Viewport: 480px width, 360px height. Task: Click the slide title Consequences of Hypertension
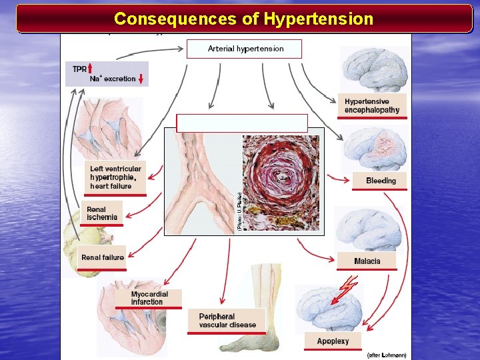pos(243,19)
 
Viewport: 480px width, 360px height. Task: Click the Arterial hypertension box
pos(245,49)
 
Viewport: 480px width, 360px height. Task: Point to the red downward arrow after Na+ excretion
pos(141,79)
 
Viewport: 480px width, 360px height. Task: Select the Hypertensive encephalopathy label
pos(371,106)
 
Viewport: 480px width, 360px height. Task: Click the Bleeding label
pos(381,181)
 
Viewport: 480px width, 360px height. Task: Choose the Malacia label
pos(367,261)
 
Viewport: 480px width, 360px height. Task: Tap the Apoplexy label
pos(333,341)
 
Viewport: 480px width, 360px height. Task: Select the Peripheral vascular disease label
pos(227,321)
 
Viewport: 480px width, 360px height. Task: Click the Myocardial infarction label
pos(149,298)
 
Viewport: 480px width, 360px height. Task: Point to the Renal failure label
pos(102,257)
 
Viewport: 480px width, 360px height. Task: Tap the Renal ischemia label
pos(101,213)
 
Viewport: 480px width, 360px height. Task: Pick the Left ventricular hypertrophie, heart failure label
pos(116,177)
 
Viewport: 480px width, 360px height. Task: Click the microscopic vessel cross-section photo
pos(280,183)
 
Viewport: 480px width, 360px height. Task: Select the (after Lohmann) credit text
pos(387,355)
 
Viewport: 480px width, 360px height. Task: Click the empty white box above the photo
pos(242,123)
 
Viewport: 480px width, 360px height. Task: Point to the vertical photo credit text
pos(239,212)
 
